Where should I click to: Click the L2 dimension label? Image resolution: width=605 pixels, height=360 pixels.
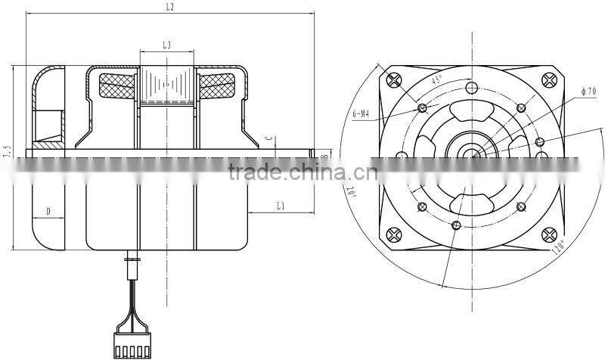pyautogui.click(x=169, y=7)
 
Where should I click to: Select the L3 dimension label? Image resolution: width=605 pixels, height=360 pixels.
pyautogui.click(x=166, y=46)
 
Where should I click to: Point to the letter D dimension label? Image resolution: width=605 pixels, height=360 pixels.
pyautogui.click(x=48, y=212)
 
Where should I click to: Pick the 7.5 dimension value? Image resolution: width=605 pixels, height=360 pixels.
pyautogui.click(x=7, y=151)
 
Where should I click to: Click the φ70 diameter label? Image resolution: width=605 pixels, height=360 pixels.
pyautogui.click(x=588, y=92)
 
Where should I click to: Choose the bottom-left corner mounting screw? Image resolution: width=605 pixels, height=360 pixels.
pyautogui.click(x=393, y=235)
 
